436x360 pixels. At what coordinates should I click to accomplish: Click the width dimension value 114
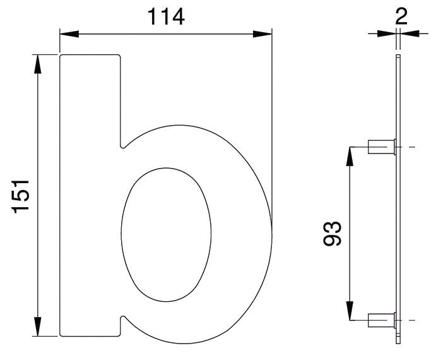(x=166, y=16)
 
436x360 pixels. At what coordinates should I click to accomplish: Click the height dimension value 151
(x=20, y=196)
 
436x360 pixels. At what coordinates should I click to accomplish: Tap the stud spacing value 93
(x=332, y=233)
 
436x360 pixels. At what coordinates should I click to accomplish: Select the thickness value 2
(x=401, y=16)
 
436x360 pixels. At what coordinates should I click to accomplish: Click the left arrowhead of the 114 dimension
(x=69, y=34)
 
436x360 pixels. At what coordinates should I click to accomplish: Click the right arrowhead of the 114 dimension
(x=262, y=34)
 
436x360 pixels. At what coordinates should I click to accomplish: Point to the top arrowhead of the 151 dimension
(x=37, y=64)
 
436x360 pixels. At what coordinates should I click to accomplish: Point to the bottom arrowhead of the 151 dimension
(x=37, y=327)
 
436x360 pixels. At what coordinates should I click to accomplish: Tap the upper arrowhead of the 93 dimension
(x=350, y=157)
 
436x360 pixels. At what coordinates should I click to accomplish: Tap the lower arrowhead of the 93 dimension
(x=350, y=311)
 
